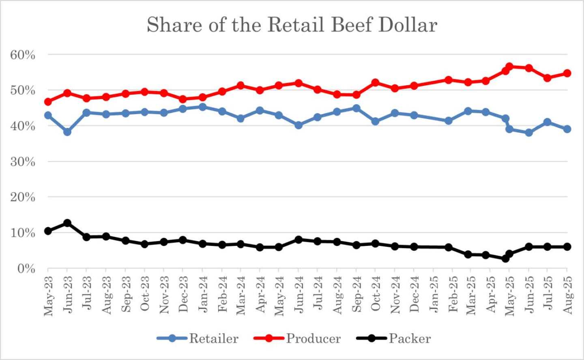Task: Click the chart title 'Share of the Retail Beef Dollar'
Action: pos(292,25)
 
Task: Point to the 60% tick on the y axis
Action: pos(23,55)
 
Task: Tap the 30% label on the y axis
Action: pos(23,162)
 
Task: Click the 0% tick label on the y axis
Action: pos(26,269)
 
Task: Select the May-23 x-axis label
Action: pos(48,295)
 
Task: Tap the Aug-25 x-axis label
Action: pos(567,295)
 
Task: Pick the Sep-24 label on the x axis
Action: pos(356,294)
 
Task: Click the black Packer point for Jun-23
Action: pos(67,223)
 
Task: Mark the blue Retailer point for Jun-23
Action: pos(67,132)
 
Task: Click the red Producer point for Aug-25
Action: pos(567,73)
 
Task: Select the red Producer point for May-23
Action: pos(48,101)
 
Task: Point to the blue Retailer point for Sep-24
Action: pos(356,108)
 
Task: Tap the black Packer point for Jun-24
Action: pos(298,239)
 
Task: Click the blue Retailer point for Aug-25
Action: pos(567,129)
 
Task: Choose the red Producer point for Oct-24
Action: pos(375,83)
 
